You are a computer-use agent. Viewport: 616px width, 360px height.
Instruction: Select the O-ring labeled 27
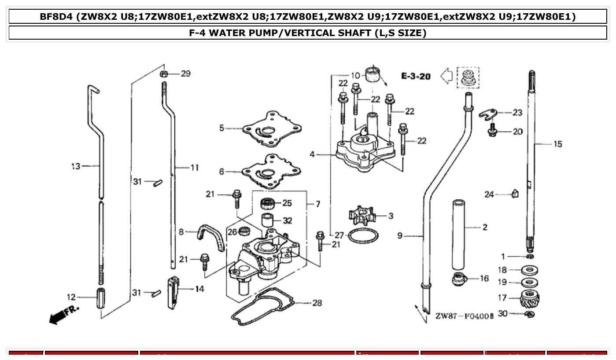pyautogui.click(x=362, y=236)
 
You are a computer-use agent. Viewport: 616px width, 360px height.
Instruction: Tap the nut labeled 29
pyautogui.click(x=163, y=73)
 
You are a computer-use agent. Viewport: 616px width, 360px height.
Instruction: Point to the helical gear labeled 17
pyautogui.click(x=530, y=300)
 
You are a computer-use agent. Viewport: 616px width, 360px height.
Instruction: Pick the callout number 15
pyautogui.click(x=557, y=144)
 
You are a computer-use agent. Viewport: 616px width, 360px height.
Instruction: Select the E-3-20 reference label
pyautogui.click(x=416, y=76)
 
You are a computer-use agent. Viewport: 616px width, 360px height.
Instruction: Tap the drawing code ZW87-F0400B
pyautogui.click(x=464, y=316)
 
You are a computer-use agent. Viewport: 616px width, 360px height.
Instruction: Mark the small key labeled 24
pyautogui.click(x=515, y=193)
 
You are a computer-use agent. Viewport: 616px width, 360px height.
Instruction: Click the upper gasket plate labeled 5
pyautogui.click(x=271, y=128)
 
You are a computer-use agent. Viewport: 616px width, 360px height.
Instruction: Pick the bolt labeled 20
pyautogui.click(x=493, y=131)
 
